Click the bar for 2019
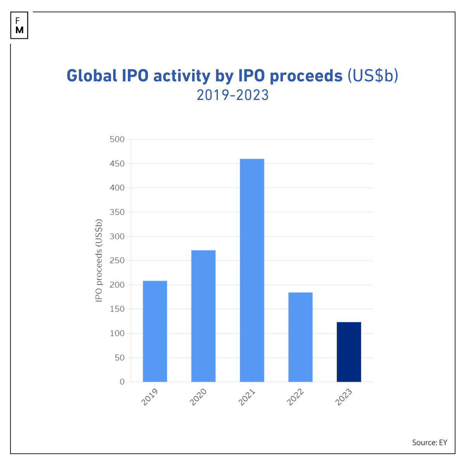click(x=155, y=331)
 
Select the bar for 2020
click(x=203, y=316)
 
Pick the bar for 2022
click(x=300, y=337)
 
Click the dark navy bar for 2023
click(x=349, y=352)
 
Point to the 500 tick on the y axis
click(x=117, y=139)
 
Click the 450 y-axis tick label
click(x=117, y=164)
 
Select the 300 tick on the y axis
click(x=117, y=236)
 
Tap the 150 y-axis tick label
click(x=117, y=309)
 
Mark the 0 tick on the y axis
click(x=122, y=382)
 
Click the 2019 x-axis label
click(x=150, y=397)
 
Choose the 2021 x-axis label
click(x=247, y=397)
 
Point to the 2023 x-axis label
click(x=344, y=397)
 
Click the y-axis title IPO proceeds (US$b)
click(x=99, y=260)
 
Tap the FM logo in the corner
click(x=19, y=26)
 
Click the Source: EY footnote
click(x=429, y=443)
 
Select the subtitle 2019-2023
click(x=232, y=95)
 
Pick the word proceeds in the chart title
click(x=306, y=76)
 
